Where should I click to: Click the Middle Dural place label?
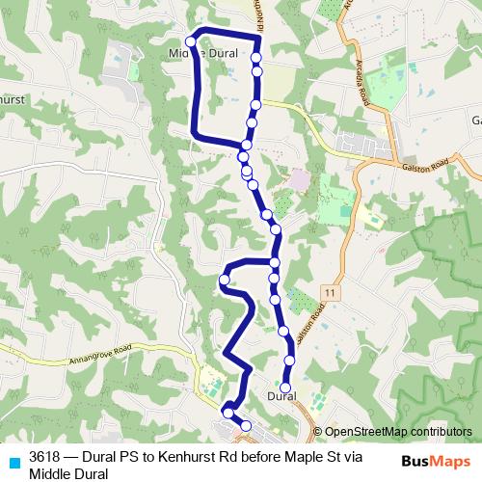tap(203, 54)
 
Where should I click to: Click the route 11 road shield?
tap(331, 291)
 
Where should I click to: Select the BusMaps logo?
tap(436, 460)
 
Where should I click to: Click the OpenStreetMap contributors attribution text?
tap(399, 432)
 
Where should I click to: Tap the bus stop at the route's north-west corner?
tap(191, 41)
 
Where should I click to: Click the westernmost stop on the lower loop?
tap(224, 281)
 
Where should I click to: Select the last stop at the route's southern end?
tap(245, 425)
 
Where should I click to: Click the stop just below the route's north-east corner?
tap(257, 57)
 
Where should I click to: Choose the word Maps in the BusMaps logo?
tap(452, 460)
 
